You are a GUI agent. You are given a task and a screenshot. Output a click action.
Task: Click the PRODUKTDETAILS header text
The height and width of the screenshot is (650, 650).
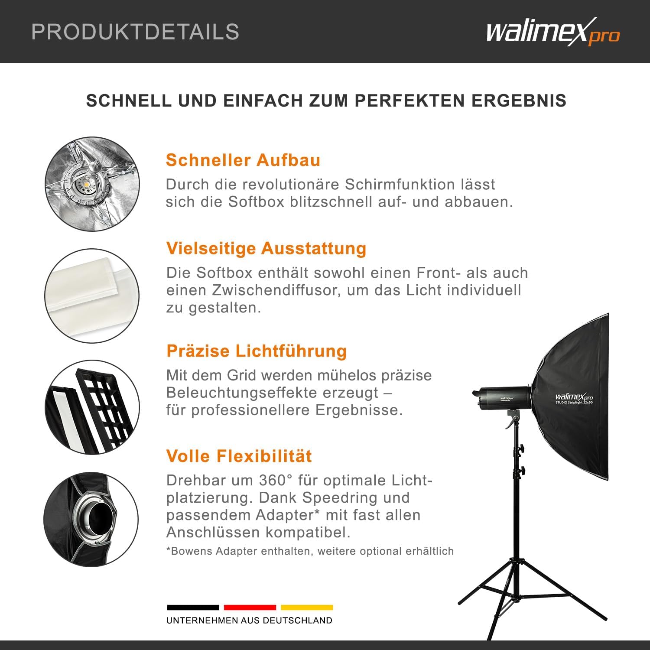pyautogui.click(x=135, y=32)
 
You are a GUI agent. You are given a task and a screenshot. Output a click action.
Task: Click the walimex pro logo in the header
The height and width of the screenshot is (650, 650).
pyautogui.click(x=553, y=32)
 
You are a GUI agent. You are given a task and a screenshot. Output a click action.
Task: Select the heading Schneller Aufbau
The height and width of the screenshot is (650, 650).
pyautogui.click(x=243, y=160)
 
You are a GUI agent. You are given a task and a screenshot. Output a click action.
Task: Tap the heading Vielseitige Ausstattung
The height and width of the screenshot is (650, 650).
pyautogui.click(x=266, y=248)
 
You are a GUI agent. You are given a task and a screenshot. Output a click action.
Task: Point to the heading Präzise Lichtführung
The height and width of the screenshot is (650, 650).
pyautogui.click(x=257, y=351)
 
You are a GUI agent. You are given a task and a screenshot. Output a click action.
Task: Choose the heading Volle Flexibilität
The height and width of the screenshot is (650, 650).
pyautogui.click(x=239, y=456)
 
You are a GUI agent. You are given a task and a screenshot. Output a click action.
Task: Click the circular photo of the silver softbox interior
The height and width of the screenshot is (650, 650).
pyautogui.click(x=92, y=184)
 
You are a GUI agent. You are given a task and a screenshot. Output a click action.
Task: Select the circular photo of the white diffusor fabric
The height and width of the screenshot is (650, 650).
pyautogui.click(x=92, y=296)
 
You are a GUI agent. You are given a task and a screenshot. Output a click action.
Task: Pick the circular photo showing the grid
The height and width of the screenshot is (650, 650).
pyautogui.click(x=92, y=407)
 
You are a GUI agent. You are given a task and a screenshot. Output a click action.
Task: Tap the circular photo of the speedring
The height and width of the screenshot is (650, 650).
pyautogui.click(x=91, y=519)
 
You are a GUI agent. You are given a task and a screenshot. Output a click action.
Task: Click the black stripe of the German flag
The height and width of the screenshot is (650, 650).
pyautogui.click(x=193, y=608)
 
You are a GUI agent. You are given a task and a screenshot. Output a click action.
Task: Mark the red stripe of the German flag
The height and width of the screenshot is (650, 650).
pyautogui.click(x=250, y=608)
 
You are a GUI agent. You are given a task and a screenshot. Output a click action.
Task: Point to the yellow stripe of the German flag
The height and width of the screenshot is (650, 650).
pyautogui.click(x=307, y=608)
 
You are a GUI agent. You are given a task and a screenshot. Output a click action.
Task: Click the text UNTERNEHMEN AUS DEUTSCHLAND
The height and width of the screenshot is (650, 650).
pyautogui.click(x=250, y=621)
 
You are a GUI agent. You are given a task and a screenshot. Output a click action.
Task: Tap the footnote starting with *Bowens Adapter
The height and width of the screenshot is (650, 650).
pyautogui.click(x=310, y=551)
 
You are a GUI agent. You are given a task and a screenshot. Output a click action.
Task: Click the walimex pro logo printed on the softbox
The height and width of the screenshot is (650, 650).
pyautogui.click(x=574, y=397)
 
